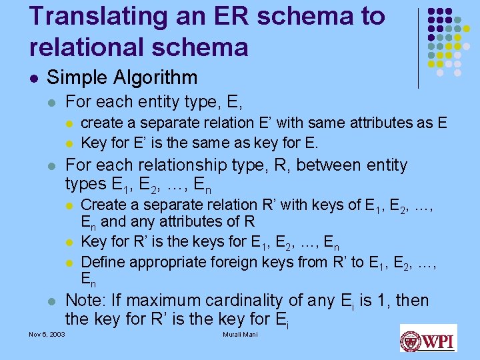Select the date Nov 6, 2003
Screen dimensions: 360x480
(47, 334)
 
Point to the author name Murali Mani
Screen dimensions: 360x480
(239, 334)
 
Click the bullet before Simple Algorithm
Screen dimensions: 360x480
(33, 79)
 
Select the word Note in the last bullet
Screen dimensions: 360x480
(81, 301)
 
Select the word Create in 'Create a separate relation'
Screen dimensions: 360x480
(102, 205)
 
